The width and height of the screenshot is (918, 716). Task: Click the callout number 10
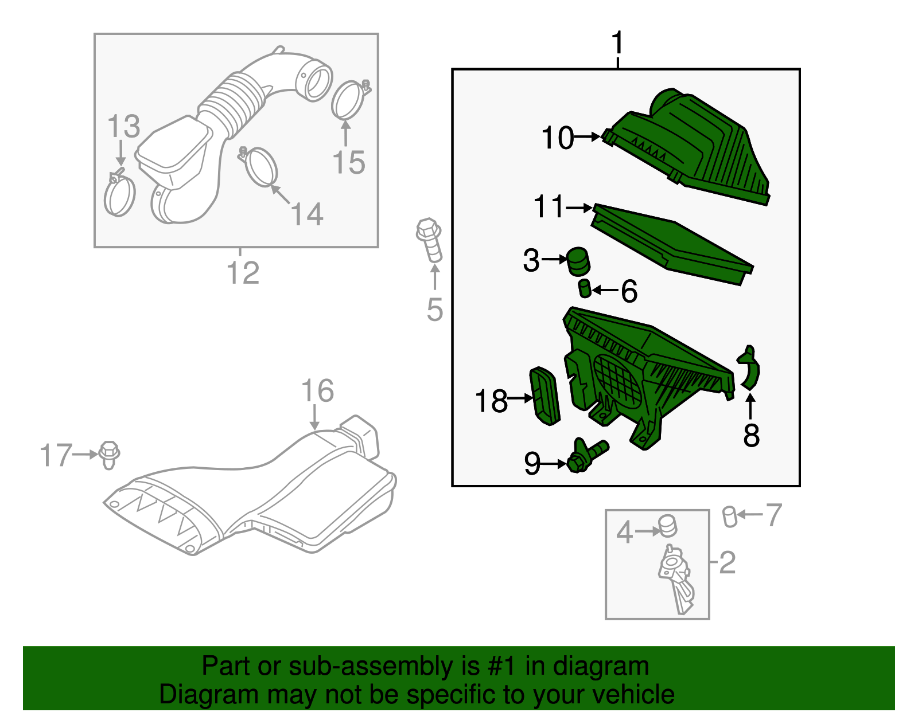[558, 138]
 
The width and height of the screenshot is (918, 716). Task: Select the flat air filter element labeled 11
[672, 244]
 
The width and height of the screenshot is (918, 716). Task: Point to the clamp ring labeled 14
[259, 166]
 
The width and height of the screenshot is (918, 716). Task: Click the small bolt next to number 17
[109, 455]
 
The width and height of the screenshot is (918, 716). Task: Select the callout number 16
[318, 391]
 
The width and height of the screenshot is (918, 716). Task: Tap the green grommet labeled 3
[578, 261]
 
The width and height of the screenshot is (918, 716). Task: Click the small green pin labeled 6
[585, 288]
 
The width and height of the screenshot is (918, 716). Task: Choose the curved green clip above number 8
[749, 367]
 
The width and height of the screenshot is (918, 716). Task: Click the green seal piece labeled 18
[545, 396]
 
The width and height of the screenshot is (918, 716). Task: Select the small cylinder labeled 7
[730, 517]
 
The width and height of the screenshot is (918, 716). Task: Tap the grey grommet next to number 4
[668, 526]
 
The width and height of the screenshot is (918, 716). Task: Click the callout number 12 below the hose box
[243, 272]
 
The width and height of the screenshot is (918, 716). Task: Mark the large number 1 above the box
[617, 42]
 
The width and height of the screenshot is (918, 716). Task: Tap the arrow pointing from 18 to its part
[520, 397]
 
